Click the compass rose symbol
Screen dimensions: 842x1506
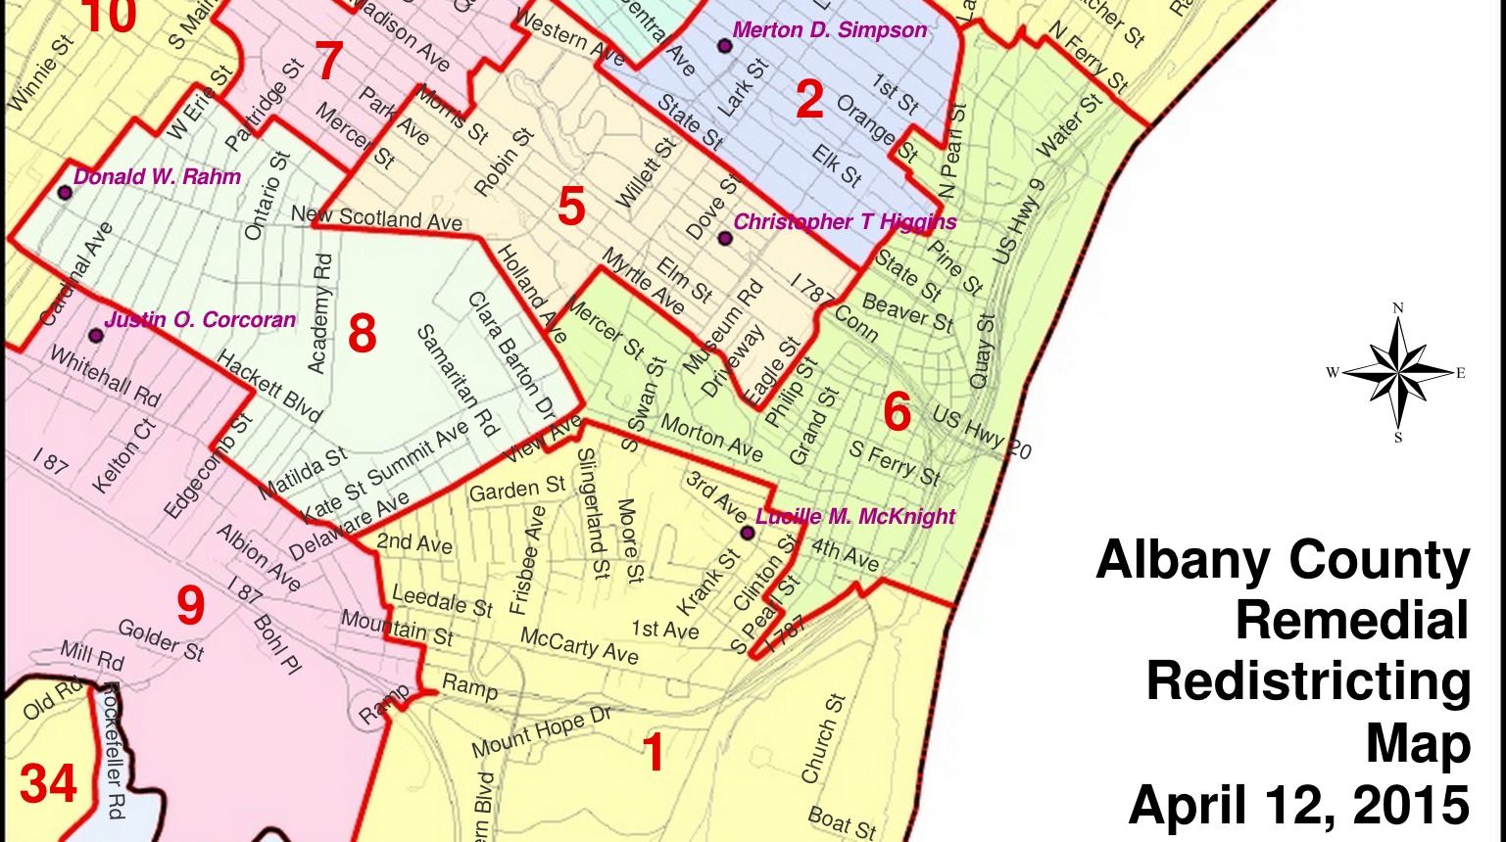click(1398, 372)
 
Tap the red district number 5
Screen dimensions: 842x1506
click(571, 208)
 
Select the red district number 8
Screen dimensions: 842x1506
click(362, 334)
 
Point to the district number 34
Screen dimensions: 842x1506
click(48, 784)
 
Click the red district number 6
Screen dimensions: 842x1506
click(897, 412)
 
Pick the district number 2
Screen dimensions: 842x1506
click(809, 100)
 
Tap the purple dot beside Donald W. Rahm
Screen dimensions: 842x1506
click(65, 192)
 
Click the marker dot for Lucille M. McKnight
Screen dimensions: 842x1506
click(747, 534)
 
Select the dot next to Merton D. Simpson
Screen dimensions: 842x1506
click(725, 45)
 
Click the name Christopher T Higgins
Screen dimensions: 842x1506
click(845, 222)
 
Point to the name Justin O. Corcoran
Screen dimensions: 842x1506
click(200, 320)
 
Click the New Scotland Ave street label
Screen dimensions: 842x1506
click(376, 217)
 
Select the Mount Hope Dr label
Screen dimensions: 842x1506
click(541, 732)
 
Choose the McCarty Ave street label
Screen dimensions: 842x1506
click(579, 645)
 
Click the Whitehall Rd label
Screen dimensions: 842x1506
click(105, 377)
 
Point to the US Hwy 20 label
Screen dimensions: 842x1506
click(981, 431)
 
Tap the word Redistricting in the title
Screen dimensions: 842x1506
click(1308, 681)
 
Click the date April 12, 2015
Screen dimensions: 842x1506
click(1298, 806)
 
